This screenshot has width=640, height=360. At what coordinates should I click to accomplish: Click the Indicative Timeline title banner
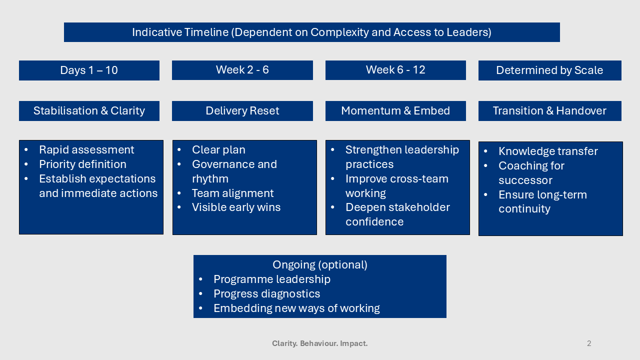(311, 32)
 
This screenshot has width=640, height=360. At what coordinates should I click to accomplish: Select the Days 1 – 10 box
(89, 70)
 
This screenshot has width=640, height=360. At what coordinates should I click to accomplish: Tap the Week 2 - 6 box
(242, 70)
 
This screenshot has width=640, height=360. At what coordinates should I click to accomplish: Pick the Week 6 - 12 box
(395, 70)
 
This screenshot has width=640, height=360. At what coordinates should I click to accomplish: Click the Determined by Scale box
(549, 70)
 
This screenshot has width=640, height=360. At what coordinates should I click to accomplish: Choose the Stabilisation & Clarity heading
(89, 111)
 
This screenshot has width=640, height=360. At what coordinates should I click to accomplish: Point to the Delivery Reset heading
(242, 111)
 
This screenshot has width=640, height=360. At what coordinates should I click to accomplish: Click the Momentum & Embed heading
(395, 111)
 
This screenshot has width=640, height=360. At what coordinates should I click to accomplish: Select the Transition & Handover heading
(549, 111)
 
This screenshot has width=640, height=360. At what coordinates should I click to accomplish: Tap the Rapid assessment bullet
(86, 150)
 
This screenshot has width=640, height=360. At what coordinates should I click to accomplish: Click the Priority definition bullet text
(82, 164)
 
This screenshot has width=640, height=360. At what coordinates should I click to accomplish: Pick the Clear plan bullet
(218, 150)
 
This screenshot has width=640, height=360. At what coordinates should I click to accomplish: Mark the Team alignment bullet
(232, 193)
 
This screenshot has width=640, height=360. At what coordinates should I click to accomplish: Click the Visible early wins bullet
(236, 207)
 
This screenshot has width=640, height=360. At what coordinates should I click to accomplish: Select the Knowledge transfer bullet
(548, 151)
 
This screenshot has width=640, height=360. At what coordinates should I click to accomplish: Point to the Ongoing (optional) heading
(320, 265)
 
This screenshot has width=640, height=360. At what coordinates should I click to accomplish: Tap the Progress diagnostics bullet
(266, 294)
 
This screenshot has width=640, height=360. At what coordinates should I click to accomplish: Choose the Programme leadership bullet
(271, 279)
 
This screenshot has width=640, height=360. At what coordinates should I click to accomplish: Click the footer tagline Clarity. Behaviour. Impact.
(320, 343)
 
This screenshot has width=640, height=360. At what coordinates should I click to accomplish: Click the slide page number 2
(589, 343)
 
